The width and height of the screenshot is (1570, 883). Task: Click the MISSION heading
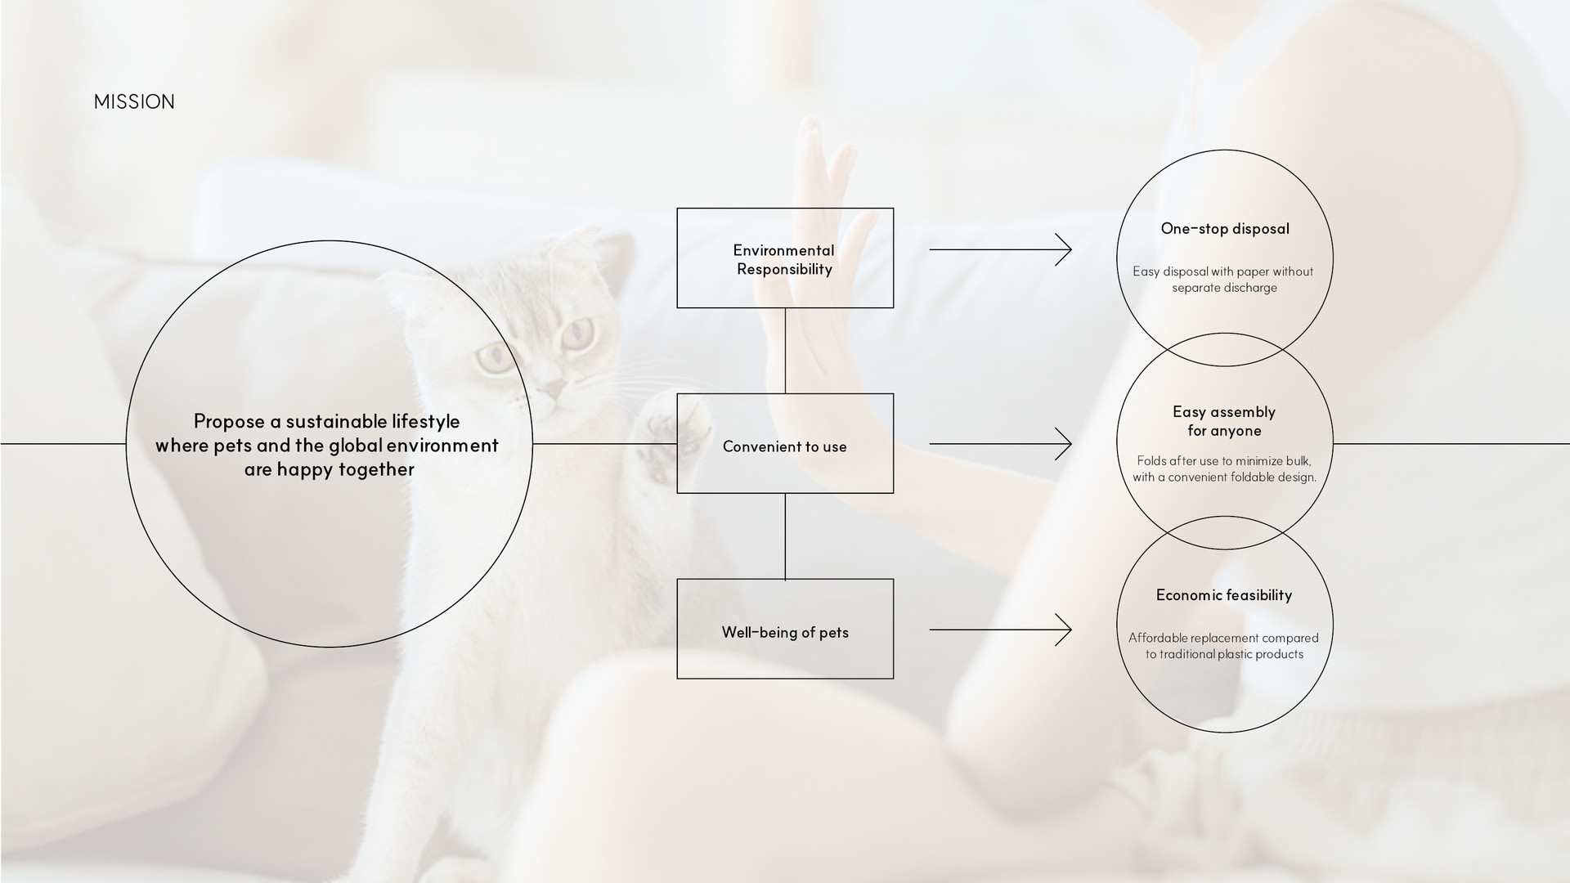[x=134, y=101]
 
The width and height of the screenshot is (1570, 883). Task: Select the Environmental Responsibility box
[x=785, y=258]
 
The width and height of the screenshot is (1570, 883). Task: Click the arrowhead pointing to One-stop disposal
[x=1064, y=249]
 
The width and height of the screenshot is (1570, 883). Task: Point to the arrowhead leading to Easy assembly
[x=1064, y=444]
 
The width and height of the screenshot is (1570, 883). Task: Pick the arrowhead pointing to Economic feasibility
[x=1064, y=630]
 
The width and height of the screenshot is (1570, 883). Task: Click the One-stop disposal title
[x=1224, y=229]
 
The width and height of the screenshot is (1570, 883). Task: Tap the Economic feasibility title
[x=1224, y=595]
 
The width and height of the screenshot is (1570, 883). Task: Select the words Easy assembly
[x=1224, y=412]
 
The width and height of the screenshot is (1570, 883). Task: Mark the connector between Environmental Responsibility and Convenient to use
[x=785, y=351]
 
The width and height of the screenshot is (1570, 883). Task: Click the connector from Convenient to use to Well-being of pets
[x=785, y=536]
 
